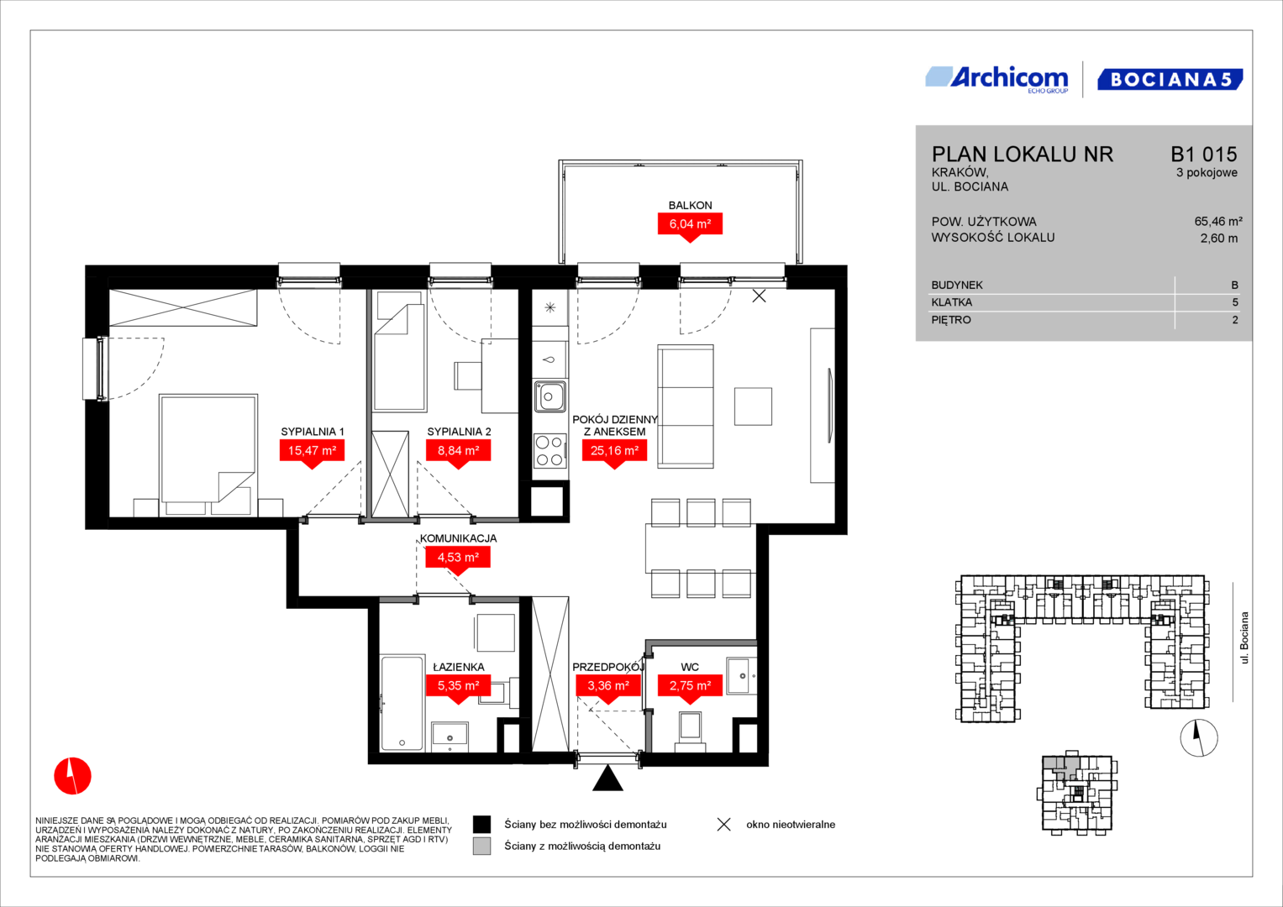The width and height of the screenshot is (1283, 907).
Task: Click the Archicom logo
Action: pyautogui.click(x=996, y=79)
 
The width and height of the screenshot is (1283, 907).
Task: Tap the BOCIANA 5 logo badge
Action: pyautogui.click(x=1170, y=79)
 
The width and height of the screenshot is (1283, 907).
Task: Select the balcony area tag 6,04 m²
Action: pyautogui.click(x=690, y=227)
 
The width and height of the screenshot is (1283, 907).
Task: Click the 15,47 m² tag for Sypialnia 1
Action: pyautogui.click(x=312, y=453)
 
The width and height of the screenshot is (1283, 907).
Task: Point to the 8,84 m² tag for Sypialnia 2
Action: pyautogui.click(x=458, y=453)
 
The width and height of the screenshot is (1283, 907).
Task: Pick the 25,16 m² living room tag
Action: pyautogui.click(x=614, y=453)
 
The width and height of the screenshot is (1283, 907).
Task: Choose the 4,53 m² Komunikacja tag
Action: pyautogui.click(x=458, y=558)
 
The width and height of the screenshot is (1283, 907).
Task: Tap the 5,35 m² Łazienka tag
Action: pyautogui.click(x=458, y=686)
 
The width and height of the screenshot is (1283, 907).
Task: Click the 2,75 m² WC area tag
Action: pyautogui.click(x=690, y=686)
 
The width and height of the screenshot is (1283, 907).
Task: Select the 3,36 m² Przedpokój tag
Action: pyautogui.click(x=608, y=686)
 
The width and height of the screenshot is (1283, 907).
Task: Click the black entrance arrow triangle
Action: pyautogui.click(x=607, y=779)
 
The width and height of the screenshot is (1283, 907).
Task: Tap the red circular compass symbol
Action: pyautogui.click(x=73, y=776)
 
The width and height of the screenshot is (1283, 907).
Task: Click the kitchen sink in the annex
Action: pyautogui.click(x=550, y=396)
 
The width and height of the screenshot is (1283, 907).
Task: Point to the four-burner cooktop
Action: pyautogui.click(x=549, y=451)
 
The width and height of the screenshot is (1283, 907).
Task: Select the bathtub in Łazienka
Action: pyautogui.click(x=402, y=703)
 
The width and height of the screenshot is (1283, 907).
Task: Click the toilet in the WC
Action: pyautogui.click(x=690, y=731)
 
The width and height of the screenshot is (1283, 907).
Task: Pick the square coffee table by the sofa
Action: pyautogui.click(x=753, y=406)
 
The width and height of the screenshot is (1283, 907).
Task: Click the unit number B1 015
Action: pyautogui.click(x=1204, y=154)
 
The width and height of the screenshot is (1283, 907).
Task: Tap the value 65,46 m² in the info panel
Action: pyautogui.click(x=1218, y=222)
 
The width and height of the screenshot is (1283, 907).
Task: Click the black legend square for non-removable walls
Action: pyautogui.click(x=481, y=825)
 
